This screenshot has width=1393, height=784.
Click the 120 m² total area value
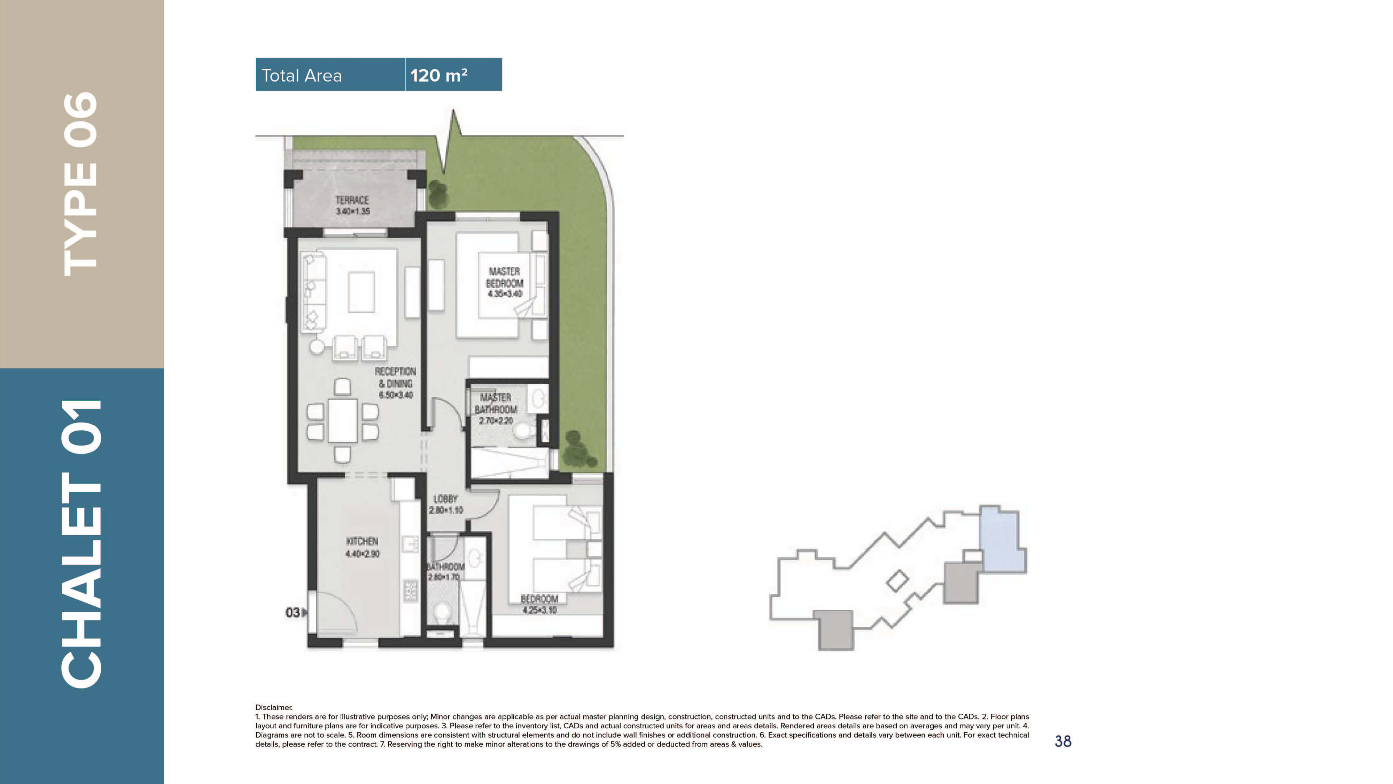(x=438, y=75)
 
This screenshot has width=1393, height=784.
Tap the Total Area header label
(x=301, y=75)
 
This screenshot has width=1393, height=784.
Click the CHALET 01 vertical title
(x=81, y=543)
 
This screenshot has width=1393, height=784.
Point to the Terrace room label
(x=352, y=205)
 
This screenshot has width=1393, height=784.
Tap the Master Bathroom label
(x=495, y=409)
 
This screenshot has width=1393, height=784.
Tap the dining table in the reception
(x=342, y=420)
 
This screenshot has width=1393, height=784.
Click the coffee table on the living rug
(x=361, y=292)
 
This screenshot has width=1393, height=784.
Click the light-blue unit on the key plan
(x=1002, y=541)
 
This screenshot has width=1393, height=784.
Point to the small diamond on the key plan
(x=897, y=581)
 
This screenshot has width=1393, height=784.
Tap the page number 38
(x=1063, y=741)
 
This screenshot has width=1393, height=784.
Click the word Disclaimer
(x=274, y=707)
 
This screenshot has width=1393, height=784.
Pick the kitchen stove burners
(x=411, y=590)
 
